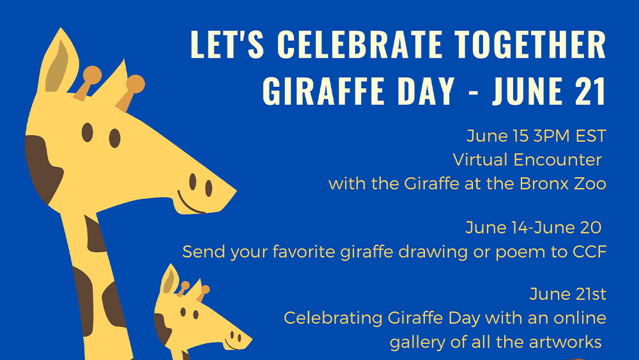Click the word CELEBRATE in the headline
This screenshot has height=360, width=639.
coord(359,44)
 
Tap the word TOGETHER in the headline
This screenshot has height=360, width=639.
coord(531,44)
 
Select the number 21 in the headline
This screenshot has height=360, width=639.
coord(590,91)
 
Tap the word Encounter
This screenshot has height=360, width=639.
coord(557,159)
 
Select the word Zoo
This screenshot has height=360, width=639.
coord(590,184)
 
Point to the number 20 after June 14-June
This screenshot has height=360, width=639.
coord(590,228)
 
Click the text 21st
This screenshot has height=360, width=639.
coord(587,294)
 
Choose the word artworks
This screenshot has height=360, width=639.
coord(566,342)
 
